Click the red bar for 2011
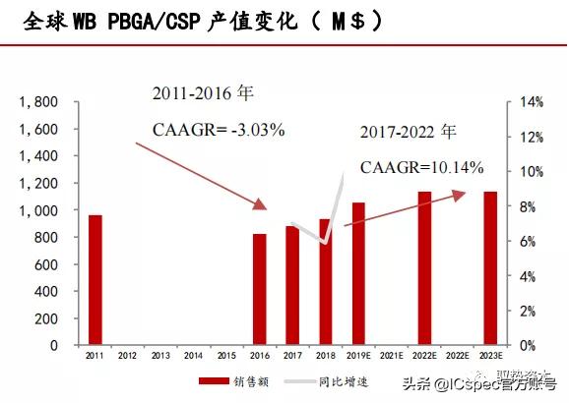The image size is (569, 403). pyautogui.click(x=95, y=280)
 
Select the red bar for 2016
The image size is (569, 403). pyautogui.click(x=260, y=289)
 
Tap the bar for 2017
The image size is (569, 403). pyautogui.click(x=292, y=285)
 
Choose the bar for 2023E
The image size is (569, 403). pyautogui.click(x=489, y=268)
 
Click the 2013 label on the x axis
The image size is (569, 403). pyautogui.click(x=161, y=355)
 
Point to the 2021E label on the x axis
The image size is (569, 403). pyautogui.click(x=391, y=355)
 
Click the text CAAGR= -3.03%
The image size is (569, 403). pyautogui.click(x=219, y=129)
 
